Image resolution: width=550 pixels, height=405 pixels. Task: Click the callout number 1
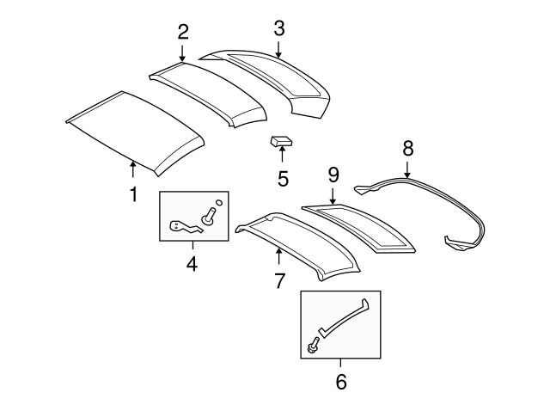pyautogui.click(x=133, y=194)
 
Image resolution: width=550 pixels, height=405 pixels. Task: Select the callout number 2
pyautogui.click(x=182, y=33)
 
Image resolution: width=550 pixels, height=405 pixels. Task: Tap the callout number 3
pyautogui.click(x=278, y=28)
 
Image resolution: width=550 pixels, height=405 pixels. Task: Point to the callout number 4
pyautogui.click(x=192, y=263)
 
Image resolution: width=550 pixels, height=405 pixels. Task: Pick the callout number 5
pyautogui.click(x=283, y=179)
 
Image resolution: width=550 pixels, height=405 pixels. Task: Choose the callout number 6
pyautogui.click(x=340, y=380)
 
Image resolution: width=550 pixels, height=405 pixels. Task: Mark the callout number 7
pyautogui.click(x=278, y=280)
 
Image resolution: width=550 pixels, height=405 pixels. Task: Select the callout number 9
pyautogui.click(x=333, y=175)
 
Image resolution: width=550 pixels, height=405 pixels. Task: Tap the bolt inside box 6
pyautogui.click(x=312, y=347)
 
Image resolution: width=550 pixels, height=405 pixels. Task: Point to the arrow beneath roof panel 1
pyautogui.click(x=132, y=168)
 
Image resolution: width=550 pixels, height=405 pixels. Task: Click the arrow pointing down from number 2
pyautogui.click(x=182, y=53)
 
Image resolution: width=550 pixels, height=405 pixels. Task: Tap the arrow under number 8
pyautogui.click(x=407, y=170)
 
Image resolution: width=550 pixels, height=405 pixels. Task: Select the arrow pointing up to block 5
pyautogui.click(x=283, y=158)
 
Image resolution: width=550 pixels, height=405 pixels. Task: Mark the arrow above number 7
pyautogui.click(x=278, y=255)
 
